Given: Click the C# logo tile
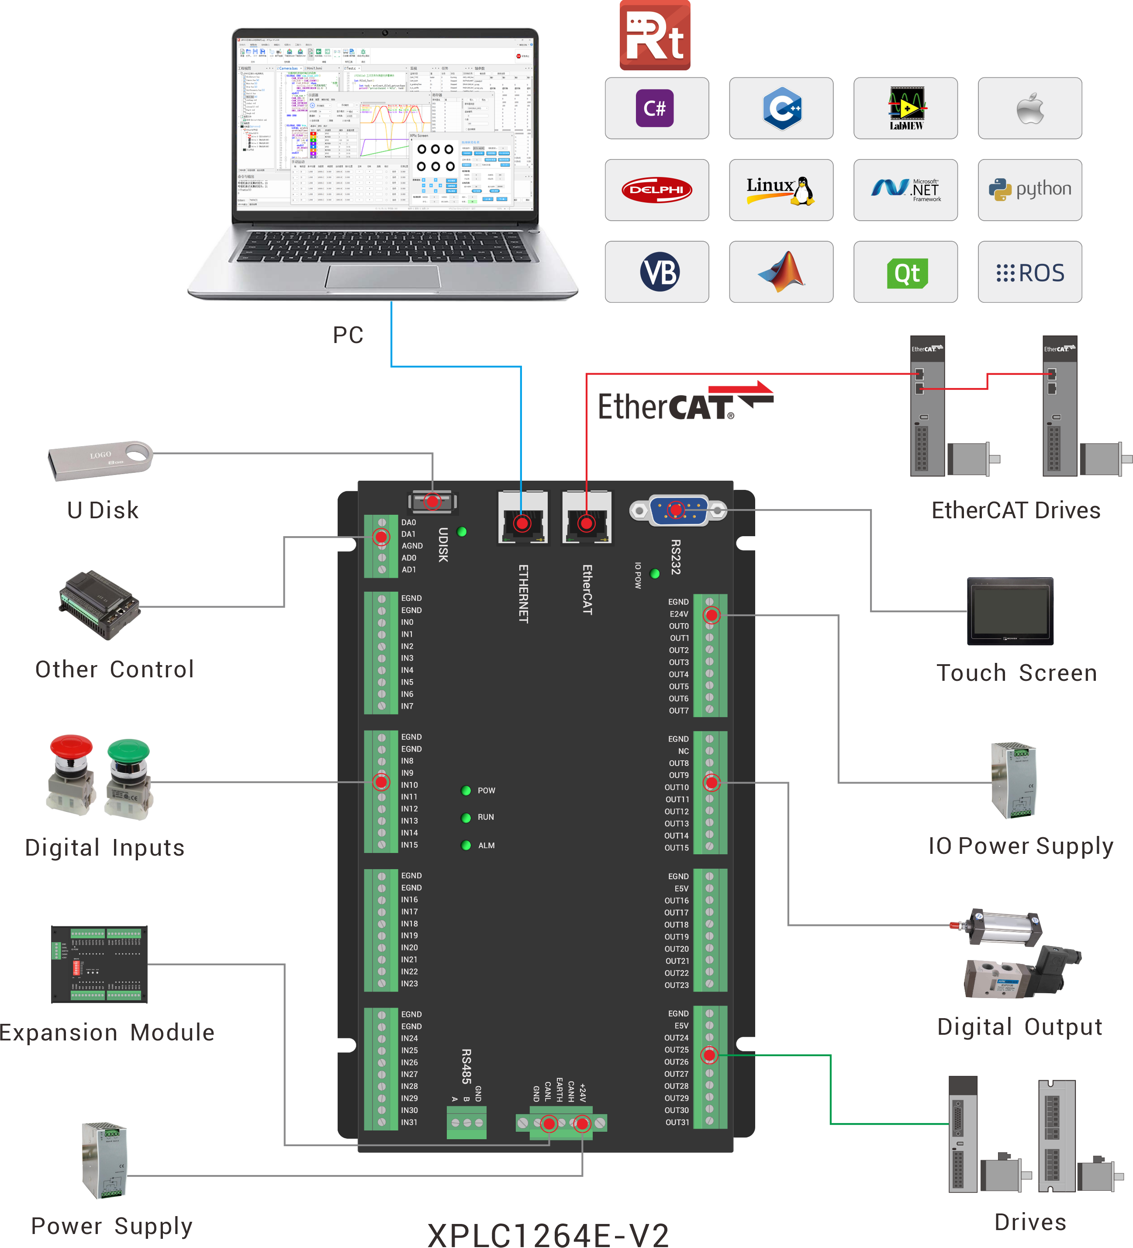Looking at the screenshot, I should pos(656,108).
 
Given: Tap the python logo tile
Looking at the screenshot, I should pos(1029,190).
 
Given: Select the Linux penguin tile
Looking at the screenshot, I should pos(781,190).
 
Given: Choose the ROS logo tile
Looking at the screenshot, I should pos(1029,272).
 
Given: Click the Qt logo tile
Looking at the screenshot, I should pos(905,272).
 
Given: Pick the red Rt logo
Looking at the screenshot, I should pos(655,36).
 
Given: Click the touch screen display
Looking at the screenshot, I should pos(1009,611).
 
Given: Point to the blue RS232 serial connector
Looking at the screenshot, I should pos(677,510).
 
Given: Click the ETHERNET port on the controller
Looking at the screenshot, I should pos(522,518).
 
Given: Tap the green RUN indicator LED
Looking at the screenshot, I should pos(466,818).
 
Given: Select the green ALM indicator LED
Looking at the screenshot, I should pos(466,846).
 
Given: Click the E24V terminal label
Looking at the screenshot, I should pos(679,614).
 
